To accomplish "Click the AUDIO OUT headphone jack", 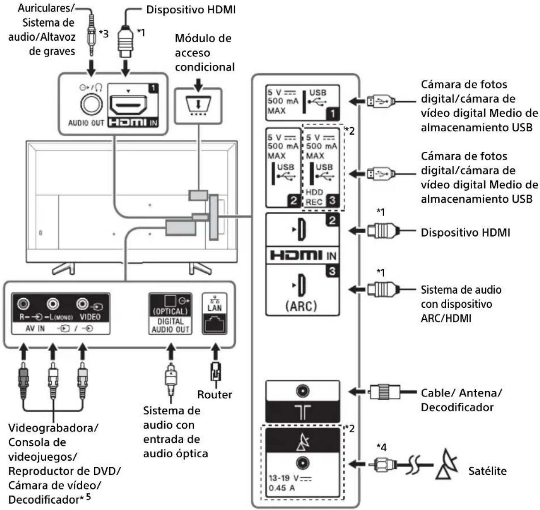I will [91, 105].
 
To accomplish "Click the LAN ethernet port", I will [214, 323].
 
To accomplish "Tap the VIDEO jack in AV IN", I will [82, 304].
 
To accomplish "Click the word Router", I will [214, 395].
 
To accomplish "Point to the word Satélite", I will [487, 471].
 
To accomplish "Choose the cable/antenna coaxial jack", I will [303, 391].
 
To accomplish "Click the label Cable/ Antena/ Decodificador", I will [461, 400].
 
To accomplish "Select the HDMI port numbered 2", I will [302, 231].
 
